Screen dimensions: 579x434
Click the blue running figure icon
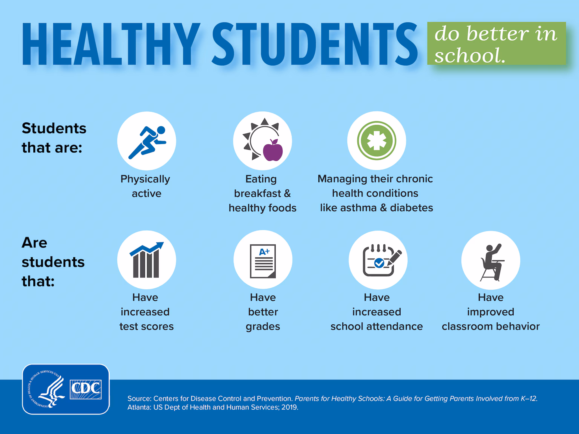pyautogui.click(x=147, y=142)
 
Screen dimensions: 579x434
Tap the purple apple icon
pyautogui.click(x=273, y=150)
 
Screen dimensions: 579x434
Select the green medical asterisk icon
pyautogui.click(x=376, y=141)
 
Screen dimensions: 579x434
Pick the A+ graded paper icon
pyautogui.click(x=263, y=261)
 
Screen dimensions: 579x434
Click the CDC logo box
pyautogui.click(x=86, y=389)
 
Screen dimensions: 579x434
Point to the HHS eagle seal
pyautogui.click(x=45, y=389)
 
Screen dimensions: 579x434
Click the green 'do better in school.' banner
pyautogui.click(x=496, y=43)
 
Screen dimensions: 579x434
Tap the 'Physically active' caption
pyautogui.click(x=146, y=186)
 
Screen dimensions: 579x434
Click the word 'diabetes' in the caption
pyautogui.click(x=411, y=208)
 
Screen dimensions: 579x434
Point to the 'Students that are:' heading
pyautogui.click(x=54, y=138)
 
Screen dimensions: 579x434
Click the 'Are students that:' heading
pyautogui.click(x=53, y=262)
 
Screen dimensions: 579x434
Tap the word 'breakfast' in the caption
pyautogui.click(x=258, y=194)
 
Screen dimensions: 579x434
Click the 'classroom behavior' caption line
pyautogui.click(x=491, y=326)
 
